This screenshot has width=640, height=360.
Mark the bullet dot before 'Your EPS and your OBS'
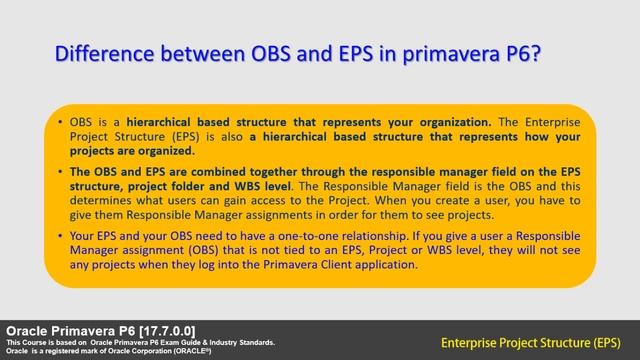tap(62, 236)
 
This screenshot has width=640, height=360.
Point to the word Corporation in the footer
tap(147, 351)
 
